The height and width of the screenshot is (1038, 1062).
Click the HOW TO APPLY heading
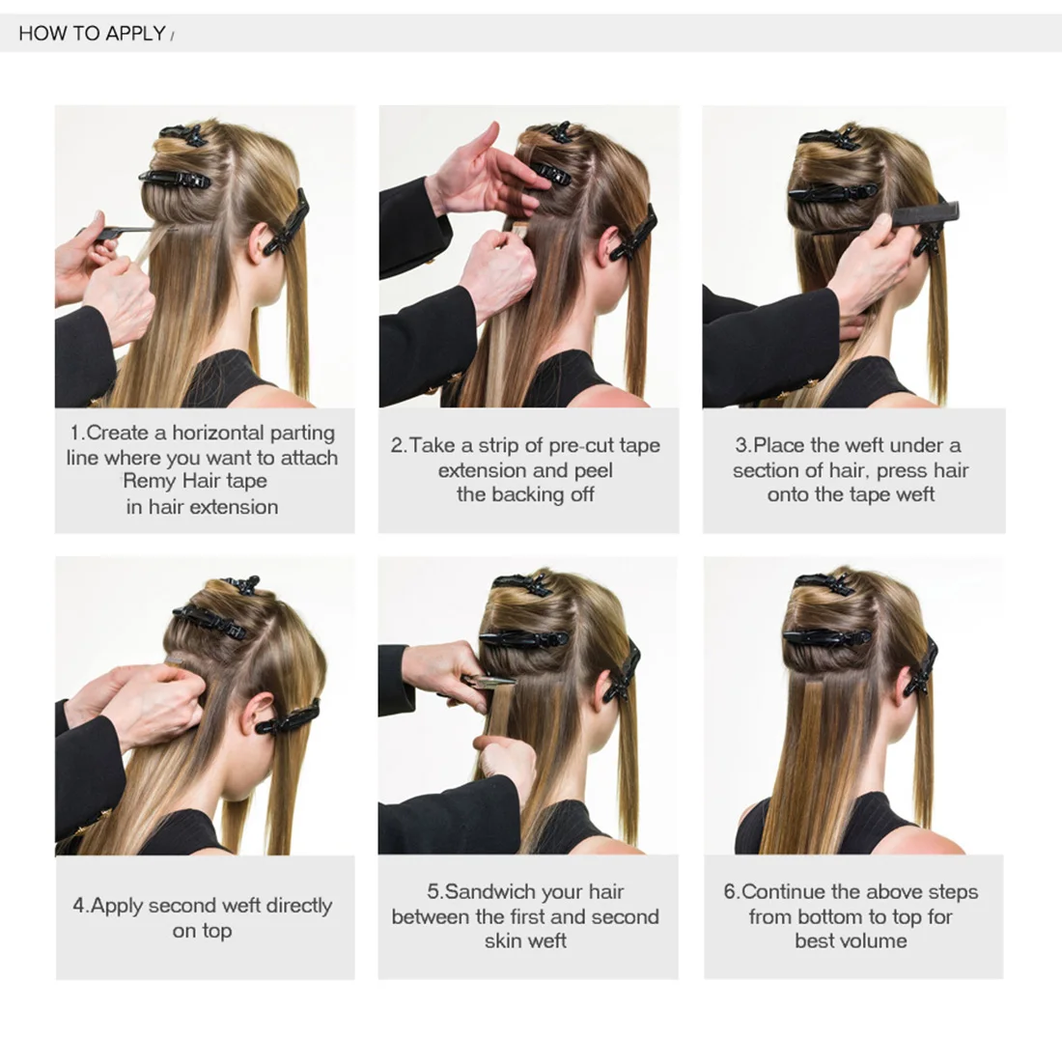tap(92, 34)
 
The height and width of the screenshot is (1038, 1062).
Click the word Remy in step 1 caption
tap(150, 481)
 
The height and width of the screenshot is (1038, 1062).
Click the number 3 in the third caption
tap(741, 445)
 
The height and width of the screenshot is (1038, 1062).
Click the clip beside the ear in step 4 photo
tap(288, 716)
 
